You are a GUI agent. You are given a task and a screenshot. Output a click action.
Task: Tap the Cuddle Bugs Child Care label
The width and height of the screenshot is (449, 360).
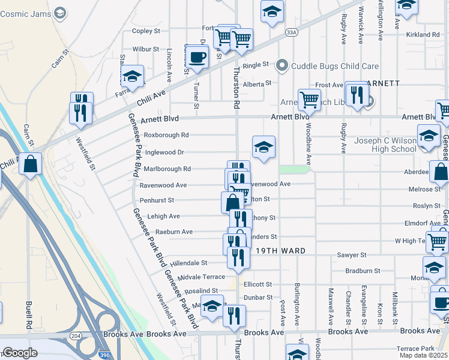click(335, 65)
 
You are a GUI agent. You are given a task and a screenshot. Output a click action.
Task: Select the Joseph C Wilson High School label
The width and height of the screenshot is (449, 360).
click(385, 145)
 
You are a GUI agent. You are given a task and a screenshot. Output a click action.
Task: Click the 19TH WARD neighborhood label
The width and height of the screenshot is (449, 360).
click(281, 251)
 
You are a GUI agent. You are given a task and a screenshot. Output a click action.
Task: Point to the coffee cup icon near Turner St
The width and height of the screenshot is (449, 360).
click(196, 57)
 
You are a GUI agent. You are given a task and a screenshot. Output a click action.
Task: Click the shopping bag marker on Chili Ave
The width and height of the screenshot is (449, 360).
click(30, 164)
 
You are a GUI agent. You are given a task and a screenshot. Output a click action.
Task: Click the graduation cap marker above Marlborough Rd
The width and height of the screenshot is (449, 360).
click(264, 147)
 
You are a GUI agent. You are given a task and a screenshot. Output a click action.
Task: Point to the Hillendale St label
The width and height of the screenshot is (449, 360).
click(188, 263)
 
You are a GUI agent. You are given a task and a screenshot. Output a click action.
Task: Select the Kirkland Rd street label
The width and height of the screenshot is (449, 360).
click(423, 35)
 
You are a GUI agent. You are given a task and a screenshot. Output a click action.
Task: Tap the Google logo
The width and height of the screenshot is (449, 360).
click(20, 353)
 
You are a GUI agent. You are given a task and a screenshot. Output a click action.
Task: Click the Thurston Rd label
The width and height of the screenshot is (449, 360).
click(236, 88)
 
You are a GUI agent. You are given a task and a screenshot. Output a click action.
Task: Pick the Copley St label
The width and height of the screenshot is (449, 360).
click(146, 31)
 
